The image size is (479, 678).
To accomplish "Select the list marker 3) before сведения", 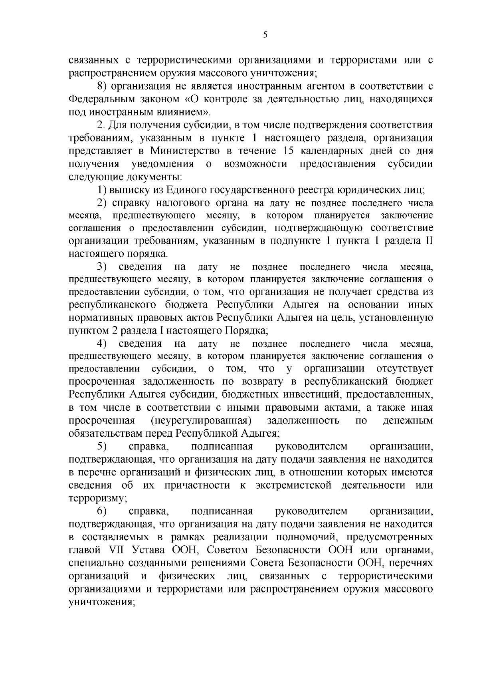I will coord(102,266).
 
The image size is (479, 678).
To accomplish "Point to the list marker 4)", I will coord(102,344).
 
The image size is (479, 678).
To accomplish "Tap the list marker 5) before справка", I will coord(102,446).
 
